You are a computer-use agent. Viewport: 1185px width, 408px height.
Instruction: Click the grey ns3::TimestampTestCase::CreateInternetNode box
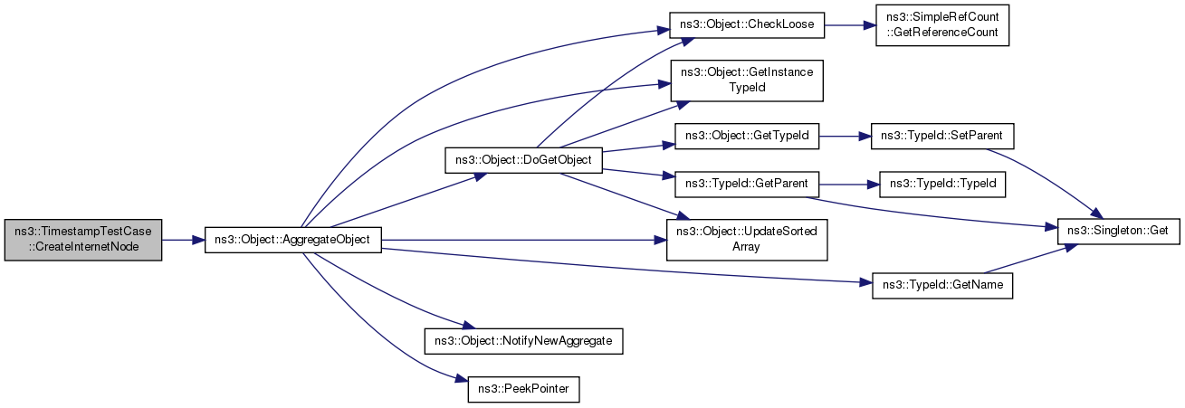[x=83, y=240]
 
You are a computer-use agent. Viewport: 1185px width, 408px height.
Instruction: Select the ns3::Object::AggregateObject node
[x=292, y=240]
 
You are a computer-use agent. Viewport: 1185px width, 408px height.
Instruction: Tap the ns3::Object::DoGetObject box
[x=523, y=160]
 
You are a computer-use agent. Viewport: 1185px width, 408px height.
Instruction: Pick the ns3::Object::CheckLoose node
[x=747, y=24]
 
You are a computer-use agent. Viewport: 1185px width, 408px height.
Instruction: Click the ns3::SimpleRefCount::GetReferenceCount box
[x=942, y=24]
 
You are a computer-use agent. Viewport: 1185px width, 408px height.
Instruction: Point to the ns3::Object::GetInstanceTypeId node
[x=747, y=81]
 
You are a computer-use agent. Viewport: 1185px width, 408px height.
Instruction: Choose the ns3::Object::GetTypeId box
[x=747, y=136]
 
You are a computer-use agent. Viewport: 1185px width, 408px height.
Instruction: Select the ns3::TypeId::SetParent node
[x=942, y=136]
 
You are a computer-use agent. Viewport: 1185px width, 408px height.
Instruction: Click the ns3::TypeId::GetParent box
[x=747, y=184]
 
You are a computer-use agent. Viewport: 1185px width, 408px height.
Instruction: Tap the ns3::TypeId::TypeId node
[x=942, y=184]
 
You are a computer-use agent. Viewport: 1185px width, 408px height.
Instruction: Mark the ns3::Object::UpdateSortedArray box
[x=747, y=240]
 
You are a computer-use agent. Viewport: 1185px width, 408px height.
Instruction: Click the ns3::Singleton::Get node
[x=1118, y=232]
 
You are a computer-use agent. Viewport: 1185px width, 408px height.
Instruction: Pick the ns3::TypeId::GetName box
[x=942, y=285]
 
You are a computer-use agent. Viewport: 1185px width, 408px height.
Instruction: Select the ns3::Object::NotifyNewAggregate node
[x=523, y=341]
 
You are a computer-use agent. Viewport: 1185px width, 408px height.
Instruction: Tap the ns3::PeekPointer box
[x=523, y=390]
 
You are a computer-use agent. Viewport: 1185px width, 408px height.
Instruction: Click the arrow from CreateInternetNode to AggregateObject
[x=183, y=240]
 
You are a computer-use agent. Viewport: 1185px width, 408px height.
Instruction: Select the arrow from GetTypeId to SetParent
[x=845, y=136]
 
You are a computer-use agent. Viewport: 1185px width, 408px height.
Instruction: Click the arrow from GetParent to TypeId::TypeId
[x=849, y=185]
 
